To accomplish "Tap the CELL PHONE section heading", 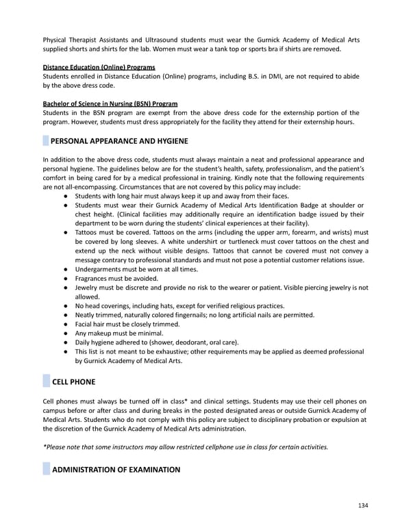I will tap(73, 381).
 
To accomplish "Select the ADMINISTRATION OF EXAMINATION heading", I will tap(116, 470).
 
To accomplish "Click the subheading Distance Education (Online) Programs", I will tap(99, 66).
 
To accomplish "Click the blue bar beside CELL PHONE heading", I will tap(46, 381).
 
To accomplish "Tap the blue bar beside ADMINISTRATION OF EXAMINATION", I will tap(46, 470).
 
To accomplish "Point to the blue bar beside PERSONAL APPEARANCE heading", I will tap(46, 142).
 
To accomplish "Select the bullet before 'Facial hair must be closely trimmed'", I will tap(64, 324).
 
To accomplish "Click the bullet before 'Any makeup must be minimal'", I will tap(64, 333).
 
